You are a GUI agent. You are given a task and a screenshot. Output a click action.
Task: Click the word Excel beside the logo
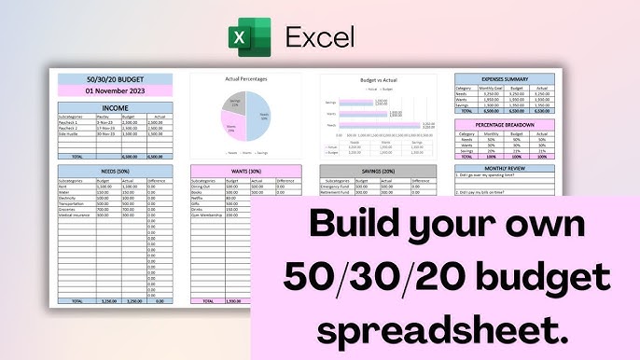click(319, 39)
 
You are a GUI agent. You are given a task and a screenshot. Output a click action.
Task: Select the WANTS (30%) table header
click(246, 171)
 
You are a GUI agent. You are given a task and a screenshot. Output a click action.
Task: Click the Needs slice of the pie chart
click(257, 115)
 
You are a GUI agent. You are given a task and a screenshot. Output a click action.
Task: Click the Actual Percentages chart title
click(246, 79)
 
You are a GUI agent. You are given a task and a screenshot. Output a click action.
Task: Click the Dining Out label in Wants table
click(202, 187)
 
